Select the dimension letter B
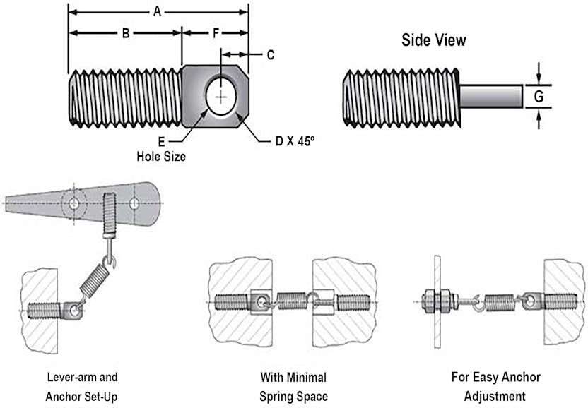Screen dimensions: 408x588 (x=125, y=32)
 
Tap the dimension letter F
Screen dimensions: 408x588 (x=216, y=32)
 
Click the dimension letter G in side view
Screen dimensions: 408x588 (x=539, y=96)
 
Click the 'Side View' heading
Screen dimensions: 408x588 (x=434, y=40)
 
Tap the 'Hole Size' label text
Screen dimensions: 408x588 (x=161, y=156)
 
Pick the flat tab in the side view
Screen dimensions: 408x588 (x=492, y=96)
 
